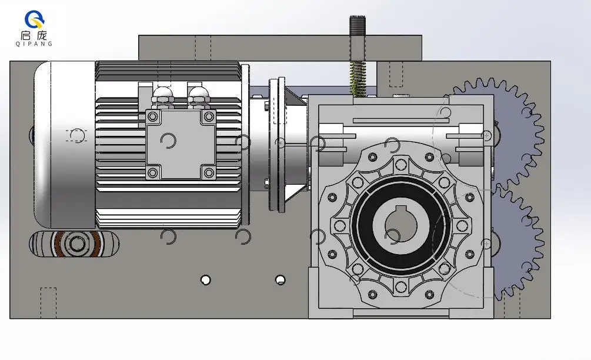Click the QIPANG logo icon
(34, 19)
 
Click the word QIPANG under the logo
(34, 44)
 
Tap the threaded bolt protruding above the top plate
(358, 38)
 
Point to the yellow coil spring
(358, 78)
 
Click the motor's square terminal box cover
(181, 145)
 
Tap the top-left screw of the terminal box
(153, 116)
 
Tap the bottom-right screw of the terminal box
(209, 173)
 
